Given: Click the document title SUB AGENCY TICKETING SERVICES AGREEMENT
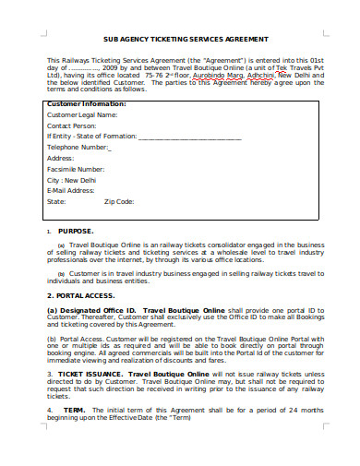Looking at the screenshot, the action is (x=179, y=40).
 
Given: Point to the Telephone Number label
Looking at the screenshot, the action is (x=78, y=147).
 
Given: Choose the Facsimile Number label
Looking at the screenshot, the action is (x=76, y=169).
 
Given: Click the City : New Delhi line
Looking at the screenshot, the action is (x=72, y=180).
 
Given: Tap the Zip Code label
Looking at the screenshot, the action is (x=119, y=201).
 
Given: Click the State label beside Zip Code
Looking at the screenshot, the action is (x=56, y=201).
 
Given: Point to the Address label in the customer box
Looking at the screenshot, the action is (x=61, y=158).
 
